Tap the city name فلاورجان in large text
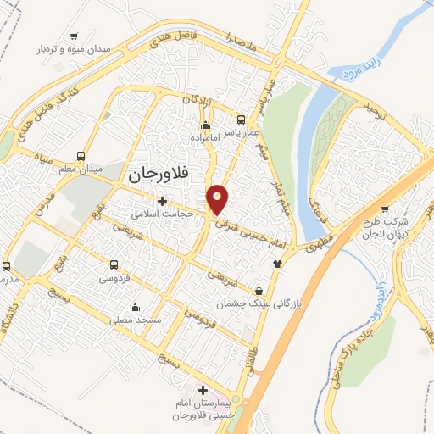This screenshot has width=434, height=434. click(x=163, y=175)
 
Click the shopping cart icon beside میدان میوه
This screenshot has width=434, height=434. click(x=75, y=36)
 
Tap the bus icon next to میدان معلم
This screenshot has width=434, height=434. click(x=81, y=157)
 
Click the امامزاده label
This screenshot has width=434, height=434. click(x=205, y=137)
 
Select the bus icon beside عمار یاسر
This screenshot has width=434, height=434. click(x=242, y=120)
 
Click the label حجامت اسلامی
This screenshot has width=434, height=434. click(x=164, y=214)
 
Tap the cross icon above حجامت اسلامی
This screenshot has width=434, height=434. click(x=161, y=201)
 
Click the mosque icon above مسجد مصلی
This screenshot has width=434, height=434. click(x=135, y=307)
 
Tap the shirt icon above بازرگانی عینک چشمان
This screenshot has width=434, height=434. click(x=275, y=263)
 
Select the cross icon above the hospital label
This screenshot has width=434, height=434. click(x=202, y=391)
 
